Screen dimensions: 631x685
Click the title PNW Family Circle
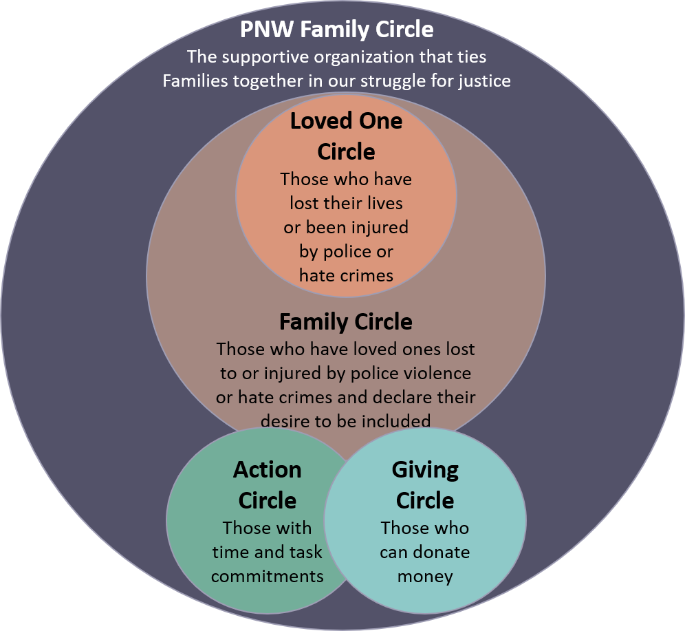[x=336, y=30]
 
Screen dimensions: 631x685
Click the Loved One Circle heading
[x=346, y=136]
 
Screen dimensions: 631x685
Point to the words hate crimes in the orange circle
[x=346, y=275]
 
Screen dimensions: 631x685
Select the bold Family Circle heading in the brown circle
[x=346, y=322]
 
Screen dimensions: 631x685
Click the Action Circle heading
[x=267, y=484]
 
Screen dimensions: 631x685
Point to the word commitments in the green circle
[x=267, y=576]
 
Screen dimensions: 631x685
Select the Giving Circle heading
[x=425, y=484]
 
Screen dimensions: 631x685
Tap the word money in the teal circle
[x=425, y=576]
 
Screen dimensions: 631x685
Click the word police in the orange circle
[x=327, y=251]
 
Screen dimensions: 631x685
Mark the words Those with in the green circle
[x=267, y=528]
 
